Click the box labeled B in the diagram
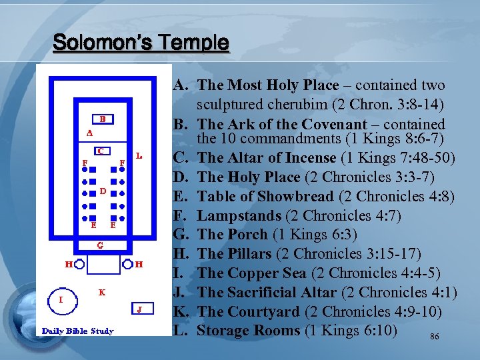pyautogui.click(x=103, y=119)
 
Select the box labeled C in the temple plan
pyautogui.click(x=99, y=151)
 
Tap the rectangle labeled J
pyautogui.click(x=139, y=309)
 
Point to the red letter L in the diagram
pyautogui.click(x=139, y=156)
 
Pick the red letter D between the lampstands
pyautogui.click(x=103, y=191)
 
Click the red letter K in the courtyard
pyautogui.click(x=101, y=292)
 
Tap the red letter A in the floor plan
pyautogui.click(x=89, y=133)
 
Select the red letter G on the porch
pyautogui.click(x=99, y=245)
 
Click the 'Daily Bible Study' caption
pyautogui.click(x=78, y=331)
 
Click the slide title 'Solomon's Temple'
pyautogui.click(x=141, y=43)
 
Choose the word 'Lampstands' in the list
pyautogui.click(x=239, y=215)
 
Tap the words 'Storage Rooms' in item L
pyautogui.click(x=248, y=330)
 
